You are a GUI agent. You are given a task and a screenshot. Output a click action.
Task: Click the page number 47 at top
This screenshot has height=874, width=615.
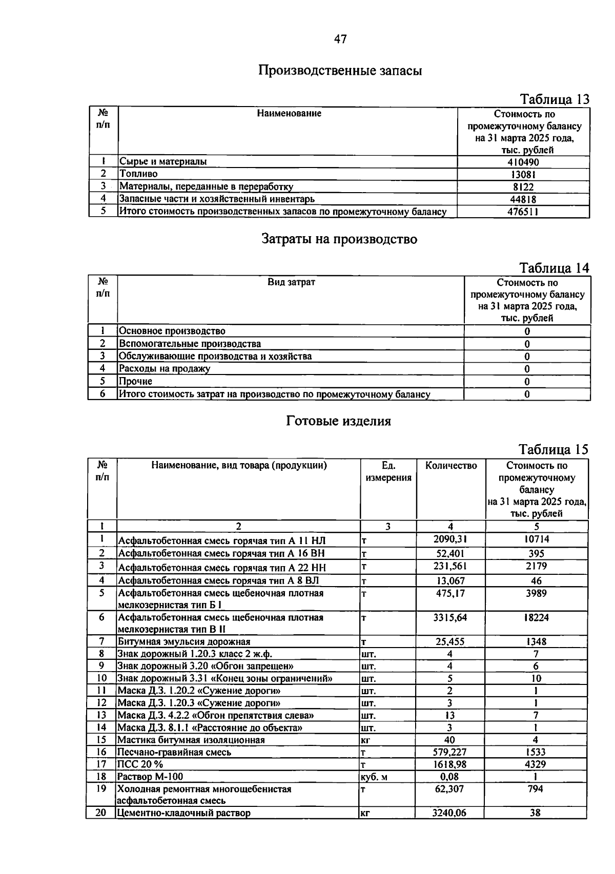point(340,39)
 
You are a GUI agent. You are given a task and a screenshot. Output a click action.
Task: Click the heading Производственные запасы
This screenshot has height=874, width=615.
point(340,70)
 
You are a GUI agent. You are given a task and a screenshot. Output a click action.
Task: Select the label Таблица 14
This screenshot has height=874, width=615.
point(554,268)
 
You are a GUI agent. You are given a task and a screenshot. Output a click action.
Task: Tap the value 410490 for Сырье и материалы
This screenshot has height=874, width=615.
point(523,162)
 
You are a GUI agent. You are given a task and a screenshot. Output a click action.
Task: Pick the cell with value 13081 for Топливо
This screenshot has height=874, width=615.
point(523,174)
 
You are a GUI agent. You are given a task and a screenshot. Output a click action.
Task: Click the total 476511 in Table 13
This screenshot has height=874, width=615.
point(523,212)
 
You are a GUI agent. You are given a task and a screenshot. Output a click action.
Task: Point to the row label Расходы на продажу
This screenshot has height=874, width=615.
point(165,368)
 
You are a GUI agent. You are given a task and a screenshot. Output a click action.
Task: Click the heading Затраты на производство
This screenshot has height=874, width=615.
point(339,239)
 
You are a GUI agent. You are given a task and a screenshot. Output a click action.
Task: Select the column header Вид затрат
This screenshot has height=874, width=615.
point(291,282)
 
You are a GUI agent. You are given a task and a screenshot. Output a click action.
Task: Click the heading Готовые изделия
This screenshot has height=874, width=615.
point(338,421)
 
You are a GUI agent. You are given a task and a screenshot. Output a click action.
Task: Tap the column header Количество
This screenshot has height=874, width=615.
point(451,465)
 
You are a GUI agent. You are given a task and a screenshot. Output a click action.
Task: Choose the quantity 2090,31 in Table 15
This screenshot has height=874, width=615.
point(450,539)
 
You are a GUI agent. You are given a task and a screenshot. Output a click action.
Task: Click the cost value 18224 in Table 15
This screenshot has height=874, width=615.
point(536,617)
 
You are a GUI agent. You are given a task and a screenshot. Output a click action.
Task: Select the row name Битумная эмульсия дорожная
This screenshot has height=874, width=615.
point(184,641)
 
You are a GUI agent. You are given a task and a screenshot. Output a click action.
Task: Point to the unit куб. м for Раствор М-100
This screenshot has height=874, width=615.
point(374,777)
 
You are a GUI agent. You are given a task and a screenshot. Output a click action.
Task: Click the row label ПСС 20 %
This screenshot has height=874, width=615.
point(140,764)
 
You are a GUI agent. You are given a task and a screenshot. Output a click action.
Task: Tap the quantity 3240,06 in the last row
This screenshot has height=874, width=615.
point(449,813)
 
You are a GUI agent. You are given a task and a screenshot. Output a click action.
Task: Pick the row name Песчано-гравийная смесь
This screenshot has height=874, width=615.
point(174,752)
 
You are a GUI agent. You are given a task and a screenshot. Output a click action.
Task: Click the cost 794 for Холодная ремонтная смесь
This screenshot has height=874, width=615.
point(535,789)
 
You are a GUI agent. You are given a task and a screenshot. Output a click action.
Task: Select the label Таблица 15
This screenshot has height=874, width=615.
point(553,449)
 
